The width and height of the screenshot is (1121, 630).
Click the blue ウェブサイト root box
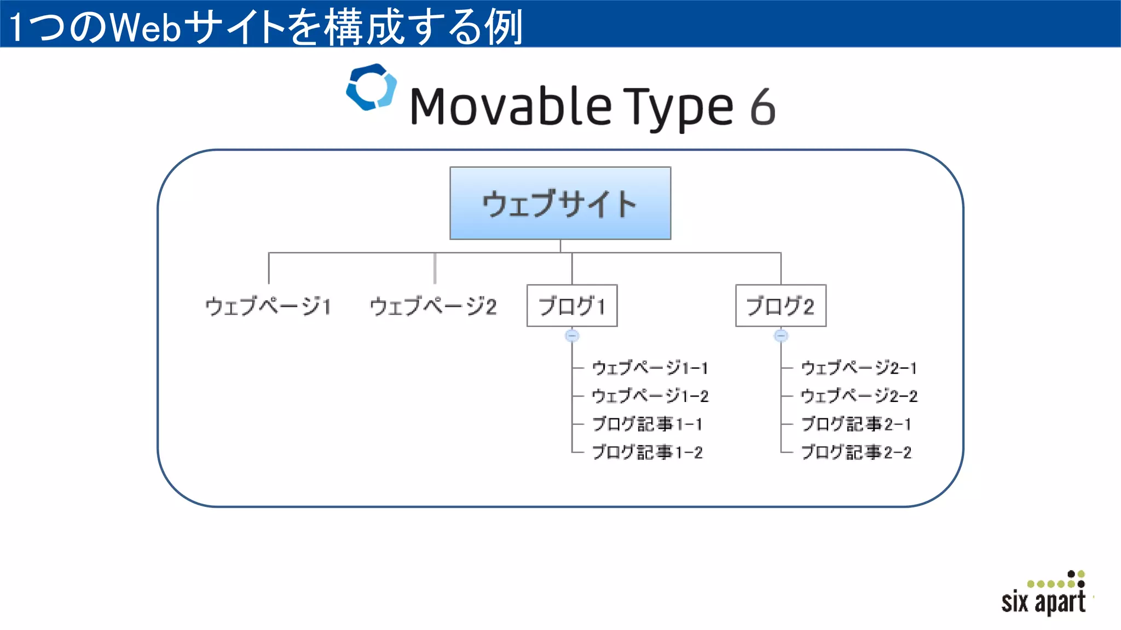(560, 203)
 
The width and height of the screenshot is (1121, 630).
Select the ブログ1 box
(572, 306)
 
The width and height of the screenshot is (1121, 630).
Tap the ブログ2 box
(781, 306)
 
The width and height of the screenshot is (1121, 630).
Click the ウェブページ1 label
(268, 306)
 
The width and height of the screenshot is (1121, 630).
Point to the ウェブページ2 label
(434, 306)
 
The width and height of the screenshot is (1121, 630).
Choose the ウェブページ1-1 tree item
(650, 368)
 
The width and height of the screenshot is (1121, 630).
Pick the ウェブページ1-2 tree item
(650, 396)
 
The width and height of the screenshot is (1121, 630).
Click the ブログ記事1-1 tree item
(648, 424)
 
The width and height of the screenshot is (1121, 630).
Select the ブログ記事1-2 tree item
(648, 452)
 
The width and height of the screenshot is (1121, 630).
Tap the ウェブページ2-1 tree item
(859, 368)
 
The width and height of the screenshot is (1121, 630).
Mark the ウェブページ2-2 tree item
(859, 396)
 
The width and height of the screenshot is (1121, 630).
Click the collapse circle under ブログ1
(572, 335)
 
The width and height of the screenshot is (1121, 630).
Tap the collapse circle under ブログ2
(781, 335)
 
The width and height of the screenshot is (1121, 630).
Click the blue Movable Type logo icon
(371, 87)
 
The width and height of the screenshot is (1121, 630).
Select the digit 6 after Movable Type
(762, 107)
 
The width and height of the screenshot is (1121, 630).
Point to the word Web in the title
(146, 27)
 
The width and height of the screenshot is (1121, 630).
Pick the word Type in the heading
(678, 108)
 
